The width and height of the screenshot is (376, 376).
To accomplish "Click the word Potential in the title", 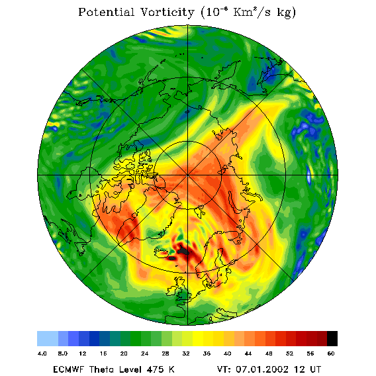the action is tap(106, 12).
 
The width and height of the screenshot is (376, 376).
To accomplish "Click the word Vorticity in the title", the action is tap(167, 12).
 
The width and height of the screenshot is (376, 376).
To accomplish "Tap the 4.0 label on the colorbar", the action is tap(42, 353).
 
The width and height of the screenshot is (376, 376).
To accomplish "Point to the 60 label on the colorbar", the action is tap(331, 353).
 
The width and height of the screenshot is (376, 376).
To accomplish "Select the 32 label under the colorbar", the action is tap(186, 353).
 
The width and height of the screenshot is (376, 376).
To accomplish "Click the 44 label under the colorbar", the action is tap(248, 353).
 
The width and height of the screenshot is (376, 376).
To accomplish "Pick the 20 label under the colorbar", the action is tap(124, 353).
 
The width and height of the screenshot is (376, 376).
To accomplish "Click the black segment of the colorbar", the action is tap(332, 338).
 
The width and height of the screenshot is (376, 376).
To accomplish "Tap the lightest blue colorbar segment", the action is tap(48, 338).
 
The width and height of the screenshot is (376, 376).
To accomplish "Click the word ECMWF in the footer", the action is tap(68, 369).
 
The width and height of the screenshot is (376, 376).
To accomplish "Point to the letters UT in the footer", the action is tap(314, 369).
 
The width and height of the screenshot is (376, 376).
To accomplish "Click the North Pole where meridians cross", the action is tap(187, 175).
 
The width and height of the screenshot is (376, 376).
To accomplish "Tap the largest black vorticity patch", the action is tap(183, 251).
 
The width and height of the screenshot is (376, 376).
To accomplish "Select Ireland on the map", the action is tap(171, 291).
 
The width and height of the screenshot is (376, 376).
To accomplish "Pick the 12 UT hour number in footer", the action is tap(299, 369).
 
